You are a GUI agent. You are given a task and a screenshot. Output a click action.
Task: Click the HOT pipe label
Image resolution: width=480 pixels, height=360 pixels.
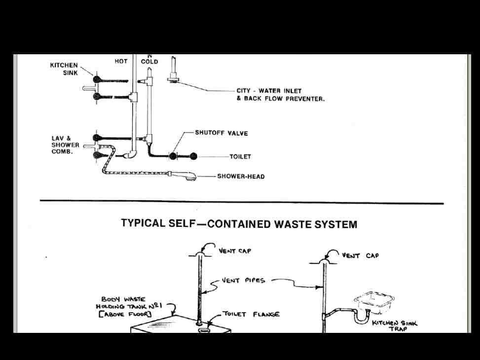121,61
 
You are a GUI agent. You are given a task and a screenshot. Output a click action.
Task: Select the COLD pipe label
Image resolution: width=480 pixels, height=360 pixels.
149,61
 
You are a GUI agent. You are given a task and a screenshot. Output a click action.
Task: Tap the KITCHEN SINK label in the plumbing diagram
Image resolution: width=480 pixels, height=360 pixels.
64,69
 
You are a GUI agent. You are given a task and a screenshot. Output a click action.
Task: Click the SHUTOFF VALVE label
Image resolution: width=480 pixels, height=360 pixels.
222,133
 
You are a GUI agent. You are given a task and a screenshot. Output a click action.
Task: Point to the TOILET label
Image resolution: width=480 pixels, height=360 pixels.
240,156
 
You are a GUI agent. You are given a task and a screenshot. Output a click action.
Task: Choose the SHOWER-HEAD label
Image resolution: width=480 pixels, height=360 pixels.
241,177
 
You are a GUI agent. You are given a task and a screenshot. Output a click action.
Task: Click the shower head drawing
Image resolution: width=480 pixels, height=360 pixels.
184,176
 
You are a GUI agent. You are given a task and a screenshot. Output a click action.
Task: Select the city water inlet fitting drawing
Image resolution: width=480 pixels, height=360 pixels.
173,71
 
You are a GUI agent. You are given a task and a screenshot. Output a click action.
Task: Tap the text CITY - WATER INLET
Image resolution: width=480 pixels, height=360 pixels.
269,91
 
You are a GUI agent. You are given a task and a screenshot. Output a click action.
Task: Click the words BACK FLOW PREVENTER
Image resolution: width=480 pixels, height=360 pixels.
284,99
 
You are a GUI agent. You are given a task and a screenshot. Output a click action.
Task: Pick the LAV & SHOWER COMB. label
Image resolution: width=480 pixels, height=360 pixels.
65,145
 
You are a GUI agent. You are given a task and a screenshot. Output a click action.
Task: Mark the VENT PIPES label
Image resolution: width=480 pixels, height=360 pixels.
243,280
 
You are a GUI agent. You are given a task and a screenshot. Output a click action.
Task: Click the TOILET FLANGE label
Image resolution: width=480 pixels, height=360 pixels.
251,314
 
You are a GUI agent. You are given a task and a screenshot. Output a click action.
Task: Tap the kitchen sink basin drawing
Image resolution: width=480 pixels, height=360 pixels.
374,302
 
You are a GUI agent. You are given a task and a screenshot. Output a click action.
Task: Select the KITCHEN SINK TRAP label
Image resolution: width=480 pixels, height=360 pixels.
395,325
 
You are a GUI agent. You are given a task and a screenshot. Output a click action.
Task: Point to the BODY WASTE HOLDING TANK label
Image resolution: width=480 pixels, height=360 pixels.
129,306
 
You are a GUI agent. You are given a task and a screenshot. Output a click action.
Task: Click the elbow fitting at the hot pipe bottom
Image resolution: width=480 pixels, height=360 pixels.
131,154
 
